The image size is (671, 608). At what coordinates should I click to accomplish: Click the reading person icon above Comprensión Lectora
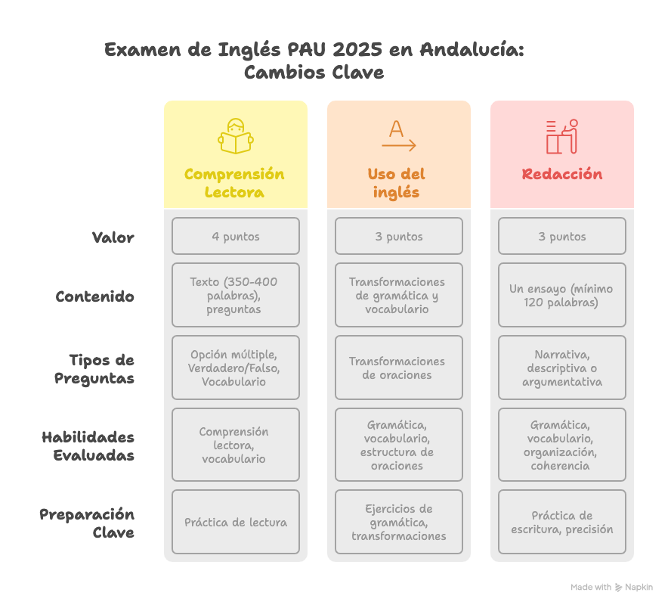[x=235, y=137]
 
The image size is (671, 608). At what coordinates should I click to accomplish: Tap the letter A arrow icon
[x=398, y=137]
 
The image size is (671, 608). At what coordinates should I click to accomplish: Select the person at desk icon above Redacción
[x=561, y=137]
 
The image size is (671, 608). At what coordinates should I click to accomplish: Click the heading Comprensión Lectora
[x=234, y=183]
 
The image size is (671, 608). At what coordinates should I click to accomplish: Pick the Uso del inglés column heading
[x=397, y=183]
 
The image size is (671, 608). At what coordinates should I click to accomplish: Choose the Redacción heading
[x=562, y=174]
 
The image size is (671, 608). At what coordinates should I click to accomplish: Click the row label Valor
[x=113, y=237]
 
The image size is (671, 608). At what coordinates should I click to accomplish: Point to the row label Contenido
[x=95, y=296]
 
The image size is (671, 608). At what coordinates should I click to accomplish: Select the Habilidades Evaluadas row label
[x=88, y=446]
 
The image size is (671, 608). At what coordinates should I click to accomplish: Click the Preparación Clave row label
[x=87, y=523]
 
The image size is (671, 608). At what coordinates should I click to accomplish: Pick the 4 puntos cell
[x=236, y=237]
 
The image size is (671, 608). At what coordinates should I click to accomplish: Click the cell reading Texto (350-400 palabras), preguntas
[x=236, y=295]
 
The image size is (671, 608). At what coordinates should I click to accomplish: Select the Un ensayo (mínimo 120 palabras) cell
[x=562, y=296]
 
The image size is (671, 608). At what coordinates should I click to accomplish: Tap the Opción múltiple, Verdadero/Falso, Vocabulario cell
[x=236, y=368]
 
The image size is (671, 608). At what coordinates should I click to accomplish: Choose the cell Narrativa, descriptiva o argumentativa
[x=562, y=368]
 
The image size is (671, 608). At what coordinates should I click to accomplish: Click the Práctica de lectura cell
[x=236, y=523]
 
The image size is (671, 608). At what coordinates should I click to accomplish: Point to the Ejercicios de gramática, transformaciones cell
[x=399, y=523]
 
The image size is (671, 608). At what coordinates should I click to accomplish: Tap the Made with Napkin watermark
[x=611, y=587]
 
